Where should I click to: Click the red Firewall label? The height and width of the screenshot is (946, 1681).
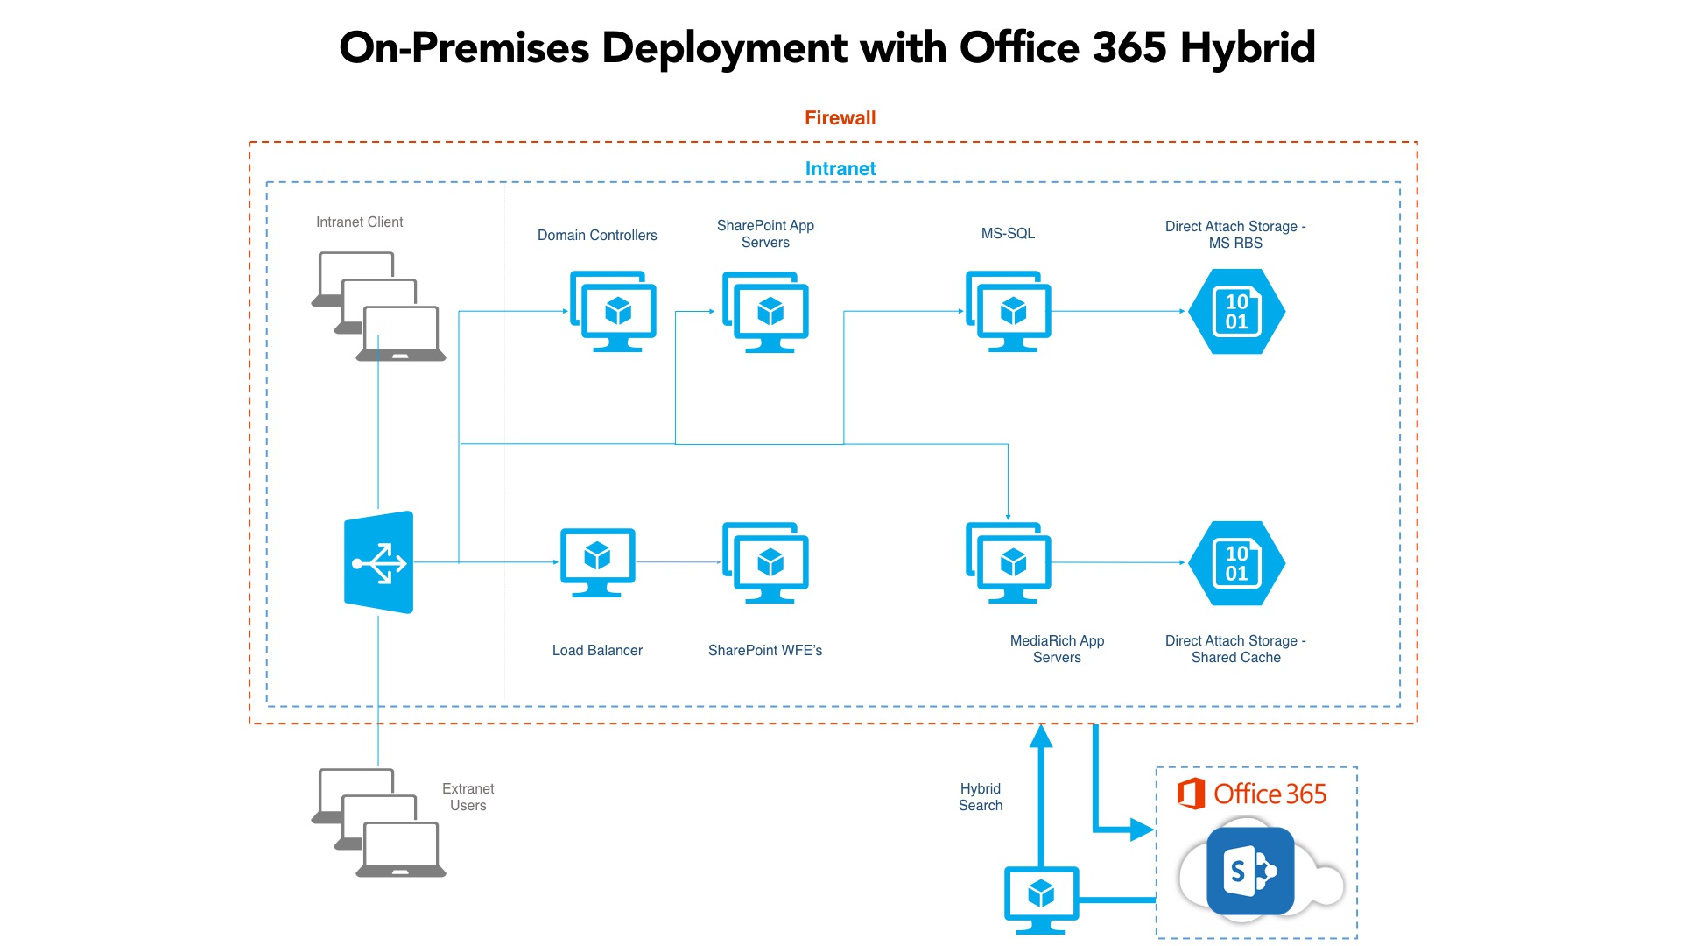pyautogui.click(x=840, y=117)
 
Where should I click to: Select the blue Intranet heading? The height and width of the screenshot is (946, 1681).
pyautogui.click(x=840, y=168)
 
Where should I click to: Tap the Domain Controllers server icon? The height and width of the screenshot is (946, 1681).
pyautogui.click(x=614, y=311)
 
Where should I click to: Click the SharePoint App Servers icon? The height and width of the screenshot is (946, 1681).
pyautogui.click(x=766, y=312)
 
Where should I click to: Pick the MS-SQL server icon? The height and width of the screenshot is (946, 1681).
pyautogui.click(x=1009, y=311)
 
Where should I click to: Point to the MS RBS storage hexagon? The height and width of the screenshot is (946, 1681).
pyautogui.click(x=1236, y=311)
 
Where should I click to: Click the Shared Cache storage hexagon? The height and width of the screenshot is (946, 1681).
pyautogui.click(x=1236, y=563)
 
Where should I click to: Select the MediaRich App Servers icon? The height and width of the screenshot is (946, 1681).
pyautogui.click(x=1009, y=562)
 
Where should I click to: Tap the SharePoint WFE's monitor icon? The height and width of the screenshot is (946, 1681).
pyautogui.click(x=766, y=562)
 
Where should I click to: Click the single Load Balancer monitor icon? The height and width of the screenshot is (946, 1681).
pyautogui.click(x=597, y=561)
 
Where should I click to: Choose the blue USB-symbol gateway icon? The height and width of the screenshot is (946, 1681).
pyautogui.click(x=378, y=562)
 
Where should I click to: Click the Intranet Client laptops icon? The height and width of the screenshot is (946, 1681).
pyautogui.click(x=379, y=307)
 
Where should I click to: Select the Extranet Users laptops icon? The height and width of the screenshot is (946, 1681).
pyautogui.click(x=379, y=822)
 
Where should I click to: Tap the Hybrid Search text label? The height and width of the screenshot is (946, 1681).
pyautogui.click(x=980, y=797)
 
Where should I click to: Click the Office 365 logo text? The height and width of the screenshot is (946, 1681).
pyautogui.click(x=1269, y=794)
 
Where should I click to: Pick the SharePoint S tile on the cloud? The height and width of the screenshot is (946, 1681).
pyautogui.click(x=1249, y=871)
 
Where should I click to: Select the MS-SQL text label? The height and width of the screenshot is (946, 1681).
pyautogui.click(x=1008, y=233)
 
